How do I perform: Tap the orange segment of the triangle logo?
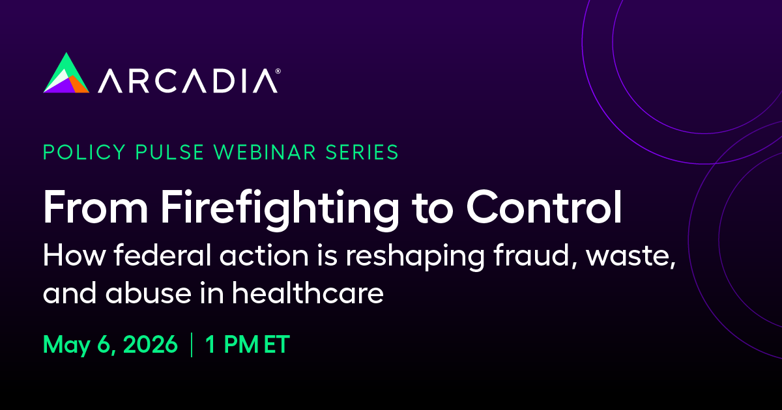point(78,85)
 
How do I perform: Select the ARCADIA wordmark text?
point(188,81)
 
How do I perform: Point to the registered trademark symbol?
point(278,71)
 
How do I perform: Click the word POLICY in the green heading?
point(84,152)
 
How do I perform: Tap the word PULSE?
point(169,152)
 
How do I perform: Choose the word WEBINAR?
point(265,152)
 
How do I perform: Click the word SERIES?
point(362,152)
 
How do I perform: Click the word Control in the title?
point(544,207)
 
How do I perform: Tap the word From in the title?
point(95,207)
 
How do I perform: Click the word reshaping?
point(415,257)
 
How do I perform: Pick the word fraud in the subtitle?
point(535,255)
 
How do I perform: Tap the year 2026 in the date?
point(151,344)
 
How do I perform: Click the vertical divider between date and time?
point(192,345)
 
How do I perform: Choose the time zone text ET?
point(277,344)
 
